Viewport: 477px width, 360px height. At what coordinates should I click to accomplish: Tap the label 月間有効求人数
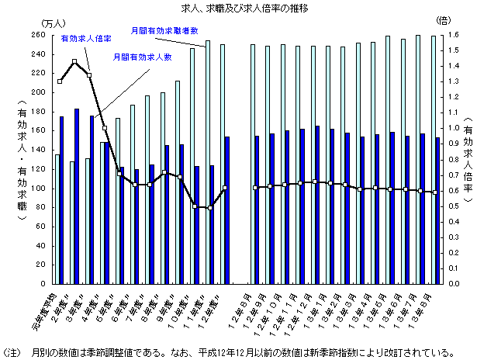tap(141, 57)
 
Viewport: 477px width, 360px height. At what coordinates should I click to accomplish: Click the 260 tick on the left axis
tap(40, 36)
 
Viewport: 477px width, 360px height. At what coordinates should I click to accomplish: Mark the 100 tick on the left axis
tap(40, 189)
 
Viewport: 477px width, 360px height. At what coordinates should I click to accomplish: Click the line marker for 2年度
tap(74, 61)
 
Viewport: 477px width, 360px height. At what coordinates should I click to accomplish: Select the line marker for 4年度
tap(104, 127)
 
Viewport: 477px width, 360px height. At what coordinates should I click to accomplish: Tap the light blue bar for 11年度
tap(208, 161)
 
